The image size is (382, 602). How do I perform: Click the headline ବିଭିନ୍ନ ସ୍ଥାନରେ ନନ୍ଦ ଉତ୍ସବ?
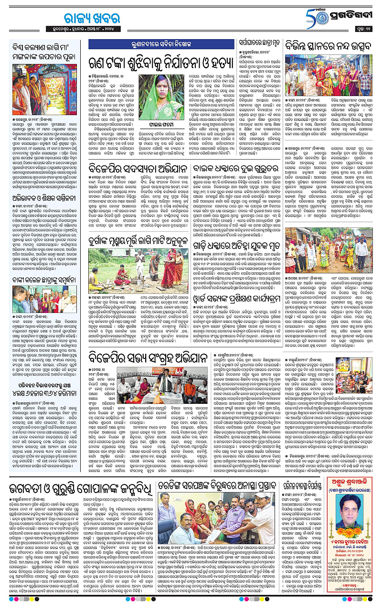click(329, 48)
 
